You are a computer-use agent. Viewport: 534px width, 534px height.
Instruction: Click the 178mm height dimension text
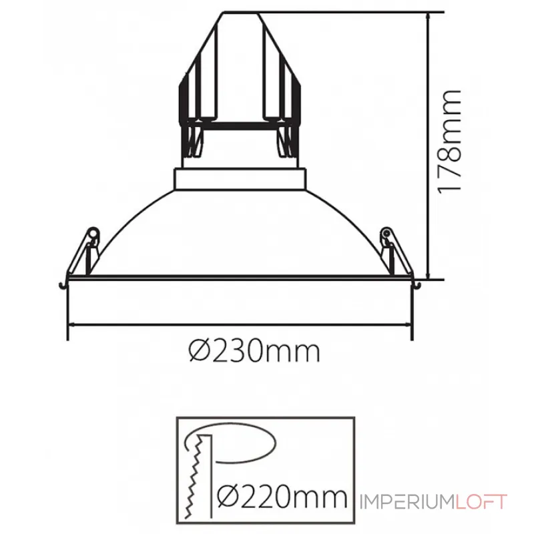tap(449, 140)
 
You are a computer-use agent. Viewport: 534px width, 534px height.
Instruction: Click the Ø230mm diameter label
tap(254, 349)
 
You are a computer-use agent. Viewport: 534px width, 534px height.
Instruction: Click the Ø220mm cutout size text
tap(284, 497)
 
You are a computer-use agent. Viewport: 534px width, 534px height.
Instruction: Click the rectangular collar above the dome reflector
tap(241, 178)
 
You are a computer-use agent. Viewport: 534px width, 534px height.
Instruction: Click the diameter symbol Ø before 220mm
tap(230, 497)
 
